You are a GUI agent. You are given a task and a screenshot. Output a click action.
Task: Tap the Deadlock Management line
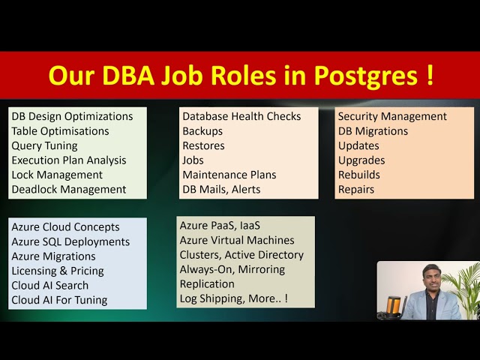(x=68, y=190)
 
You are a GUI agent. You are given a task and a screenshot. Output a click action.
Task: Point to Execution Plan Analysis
(x=68, y=160)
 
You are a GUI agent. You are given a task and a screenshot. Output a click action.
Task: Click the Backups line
(x=202, y=131)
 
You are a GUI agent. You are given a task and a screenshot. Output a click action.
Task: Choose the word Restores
(x=203, y=145)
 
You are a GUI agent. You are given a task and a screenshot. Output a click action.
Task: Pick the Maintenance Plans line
(x=229, y=175)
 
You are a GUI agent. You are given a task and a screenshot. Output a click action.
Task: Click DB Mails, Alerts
(x=221, y=190)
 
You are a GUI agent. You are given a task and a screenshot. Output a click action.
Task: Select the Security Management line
(x=392, y=116)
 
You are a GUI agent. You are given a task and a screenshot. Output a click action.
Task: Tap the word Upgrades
(x=361, y=160)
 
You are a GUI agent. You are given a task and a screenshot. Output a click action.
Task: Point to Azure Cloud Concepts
(x=65, y=227)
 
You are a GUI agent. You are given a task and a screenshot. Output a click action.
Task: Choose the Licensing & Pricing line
(x=58, y=271)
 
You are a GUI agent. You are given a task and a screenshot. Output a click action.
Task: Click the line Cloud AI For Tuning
(x=59, y=300)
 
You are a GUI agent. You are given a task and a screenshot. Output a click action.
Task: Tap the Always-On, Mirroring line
(x=232, y=269)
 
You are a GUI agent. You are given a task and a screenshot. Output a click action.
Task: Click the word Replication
(x=207, y=284)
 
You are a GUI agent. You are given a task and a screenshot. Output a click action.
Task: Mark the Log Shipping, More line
(x=233, y=298)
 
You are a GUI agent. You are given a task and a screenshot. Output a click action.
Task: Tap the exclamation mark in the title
(x=429, y=76)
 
